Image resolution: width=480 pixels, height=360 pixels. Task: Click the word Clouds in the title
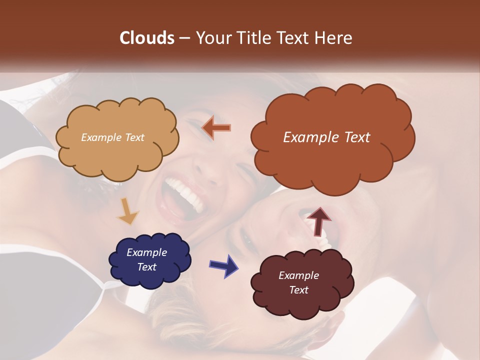click(x=147, y=38)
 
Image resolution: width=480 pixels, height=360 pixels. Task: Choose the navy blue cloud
click(x=150, y=260)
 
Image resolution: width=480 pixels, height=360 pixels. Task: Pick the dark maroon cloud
click(x=302, y=283)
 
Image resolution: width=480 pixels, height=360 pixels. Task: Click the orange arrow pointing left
click(x=216, y=128)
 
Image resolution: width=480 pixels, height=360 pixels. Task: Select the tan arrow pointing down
click(x=128, y=211)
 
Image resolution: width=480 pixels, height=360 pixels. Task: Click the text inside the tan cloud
click(x=112, y=137)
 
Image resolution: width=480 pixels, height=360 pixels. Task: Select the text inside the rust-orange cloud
click(x=326, y=137)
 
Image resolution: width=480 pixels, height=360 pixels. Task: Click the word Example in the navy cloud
click(x=146, y=252)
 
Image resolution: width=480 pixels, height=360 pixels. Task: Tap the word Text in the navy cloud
click(x=146, y=267)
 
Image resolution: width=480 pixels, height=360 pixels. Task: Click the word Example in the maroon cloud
click(x=298, y=275)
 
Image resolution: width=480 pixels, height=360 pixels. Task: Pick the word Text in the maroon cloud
click(x=298, y=290)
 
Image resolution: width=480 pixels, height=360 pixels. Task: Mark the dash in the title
click(x=183, y=38)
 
